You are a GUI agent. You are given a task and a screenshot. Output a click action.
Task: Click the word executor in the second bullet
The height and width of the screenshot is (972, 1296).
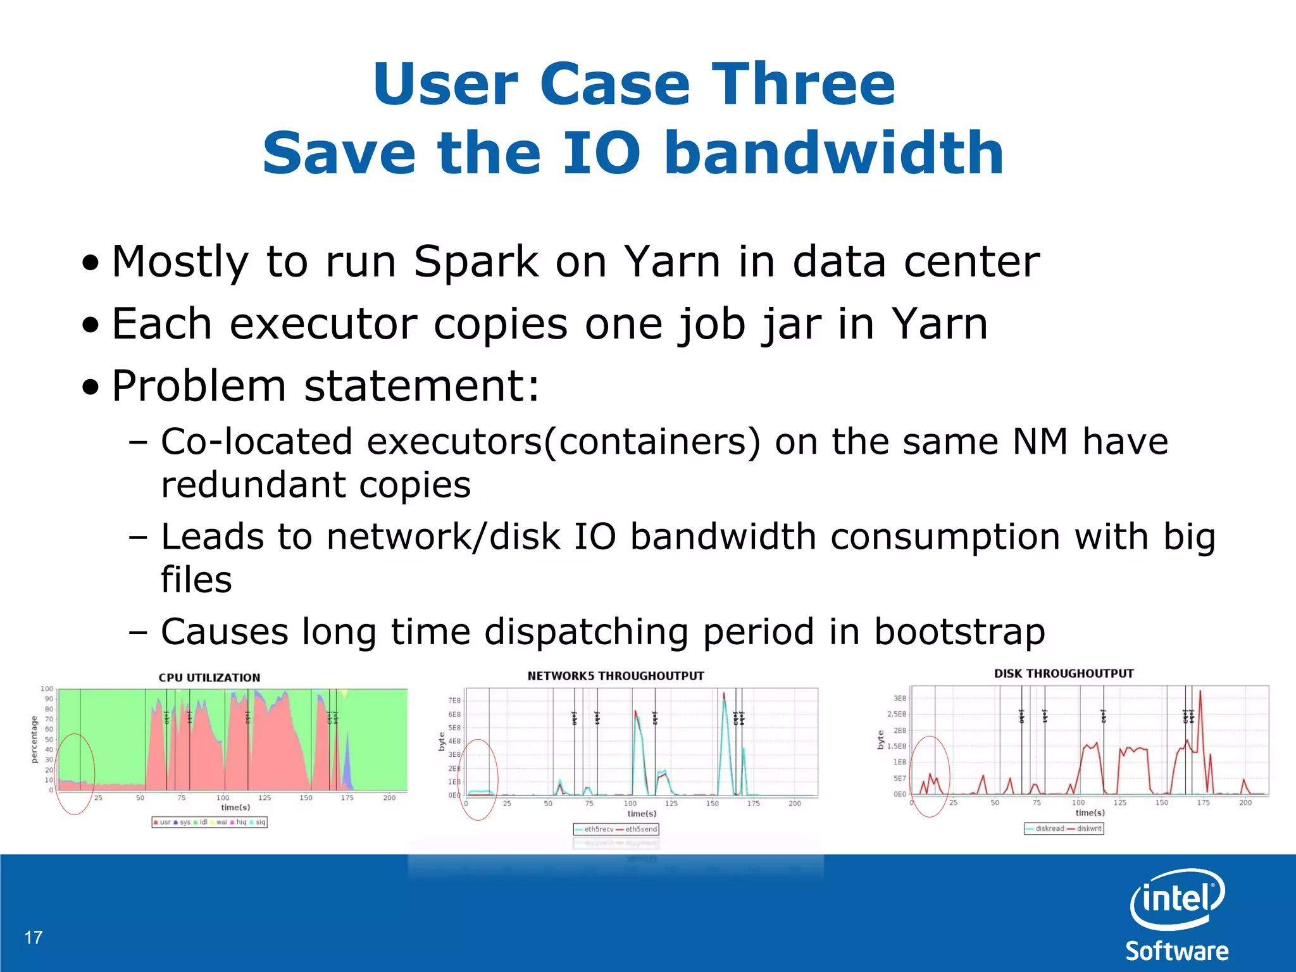pyautogui.click(x=323, y=323)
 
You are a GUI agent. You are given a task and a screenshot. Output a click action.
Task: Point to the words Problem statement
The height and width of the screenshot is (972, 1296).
pyautogui.click(x=325, y=385)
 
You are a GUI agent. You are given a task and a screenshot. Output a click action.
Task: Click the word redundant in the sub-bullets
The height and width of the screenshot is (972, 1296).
pyautogui.click(x=254, y=485)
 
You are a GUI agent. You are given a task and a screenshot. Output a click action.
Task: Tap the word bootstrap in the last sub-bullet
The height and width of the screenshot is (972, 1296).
pyautogui.click(x=959, y=632)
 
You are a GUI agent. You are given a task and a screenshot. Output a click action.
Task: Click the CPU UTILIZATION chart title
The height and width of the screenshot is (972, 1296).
pyautogui.click(x=209, y=678)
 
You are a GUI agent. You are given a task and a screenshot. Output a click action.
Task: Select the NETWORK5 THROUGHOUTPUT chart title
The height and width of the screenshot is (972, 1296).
pyautogui.click(x=615, y=676)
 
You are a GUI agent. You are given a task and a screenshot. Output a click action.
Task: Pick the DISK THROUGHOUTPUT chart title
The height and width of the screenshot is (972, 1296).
pyautogui.click(x=1063, y=673)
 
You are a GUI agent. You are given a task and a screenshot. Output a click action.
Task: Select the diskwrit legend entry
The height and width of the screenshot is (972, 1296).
pyautogui.click(x=1088, y=828)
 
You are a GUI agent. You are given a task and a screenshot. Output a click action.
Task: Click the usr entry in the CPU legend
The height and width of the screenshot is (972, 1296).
pyautogui.click(x=164, y=822)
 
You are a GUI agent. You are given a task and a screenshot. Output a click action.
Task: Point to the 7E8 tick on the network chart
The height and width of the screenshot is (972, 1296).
pyautogui.click(x=454, y=701)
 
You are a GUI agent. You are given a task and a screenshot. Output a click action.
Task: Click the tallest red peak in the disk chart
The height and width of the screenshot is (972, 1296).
pyautogui.click(x=1200, y=692)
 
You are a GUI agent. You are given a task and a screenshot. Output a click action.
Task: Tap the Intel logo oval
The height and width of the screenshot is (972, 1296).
pyautogui.click(x=1177, y=899)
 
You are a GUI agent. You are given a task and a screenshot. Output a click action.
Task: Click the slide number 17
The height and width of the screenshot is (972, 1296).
pyautogui.click(x=34, y=937)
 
